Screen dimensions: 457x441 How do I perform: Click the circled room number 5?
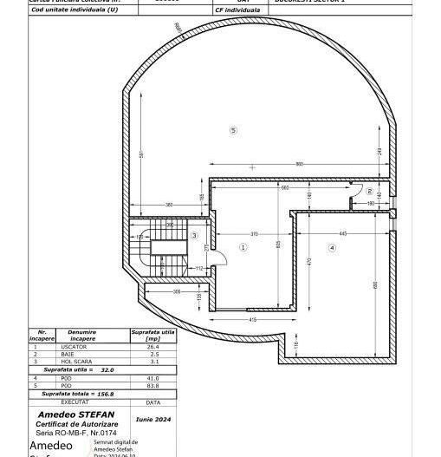pyautogui.click(x=232, y=130)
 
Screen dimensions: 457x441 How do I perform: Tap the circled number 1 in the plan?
pyautogui.click(x=243, y=246)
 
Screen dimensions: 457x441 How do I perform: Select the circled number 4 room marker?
pyautogui.click(x=332, y=248)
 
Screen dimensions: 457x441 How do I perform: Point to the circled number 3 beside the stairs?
pyautogui.click(x=195, y=235)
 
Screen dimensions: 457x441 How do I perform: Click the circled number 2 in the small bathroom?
pyautogui.click(x=369, y=192)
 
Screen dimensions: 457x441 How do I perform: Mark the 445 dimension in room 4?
pyautogui.click(x=343, y=234)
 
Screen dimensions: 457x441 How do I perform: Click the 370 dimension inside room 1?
pyautogui.click(x=254, y=234)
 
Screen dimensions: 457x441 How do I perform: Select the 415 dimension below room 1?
pyautogui.click(x=252, y=320)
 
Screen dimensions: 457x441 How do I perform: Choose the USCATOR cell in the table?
pyautogui.click(x=81, y=347)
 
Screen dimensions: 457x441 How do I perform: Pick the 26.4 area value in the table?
pyautogui.click(x=152, y=347)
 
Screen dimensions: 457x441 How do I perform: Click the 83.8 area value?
pyautogui.click(x=152, y=385)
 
